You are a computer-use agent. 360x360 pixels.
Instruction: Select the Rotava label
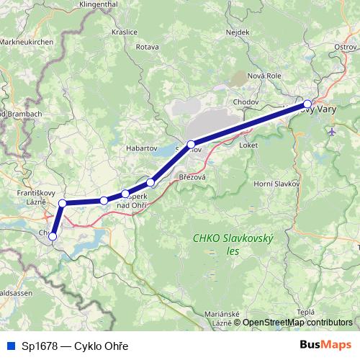coord(146,47)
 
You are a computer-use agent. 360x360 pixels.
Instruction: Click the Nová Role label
coord(263,76)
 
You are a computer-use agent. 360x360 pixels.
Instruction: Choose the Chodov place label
coord(246,102)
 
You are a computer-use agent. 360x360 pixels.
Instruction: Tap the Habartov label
coord(141,129)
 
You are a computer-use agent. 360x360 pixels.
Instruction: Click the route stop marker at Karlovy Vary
coord(307,104)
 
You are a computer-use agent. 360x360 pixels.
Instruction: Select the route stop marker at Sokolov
coord(190,145)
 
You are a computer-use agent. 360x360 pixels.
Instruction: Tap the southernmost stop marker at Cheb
coord(53,237)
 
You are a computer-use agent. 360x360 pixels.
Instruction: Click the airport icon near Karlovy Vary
coord(331,132)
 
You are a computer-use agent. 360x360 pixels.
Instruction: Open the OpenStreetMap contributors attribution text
coord(297,323)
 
